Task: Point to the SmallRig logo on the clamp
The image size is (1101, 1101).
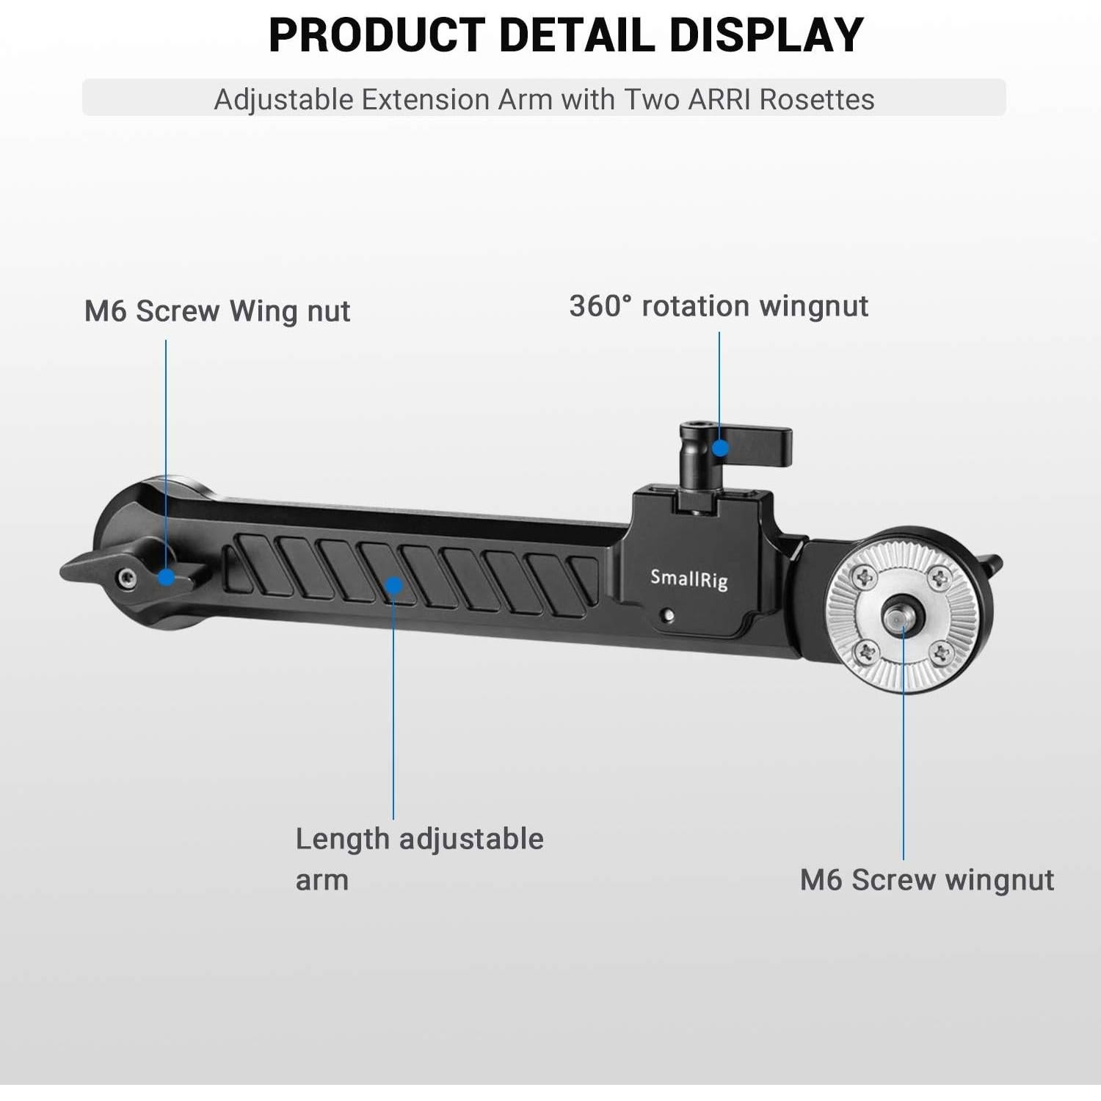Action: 688,579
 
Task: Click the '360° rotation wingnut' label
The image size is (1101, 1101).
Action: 719,306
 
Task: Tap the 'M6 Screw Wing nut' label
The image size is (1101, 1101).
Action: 217,311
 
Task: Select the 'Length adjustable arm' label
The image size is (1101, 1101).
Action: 418,858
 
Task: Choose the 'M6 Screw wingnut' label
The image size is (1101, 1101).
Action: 926,879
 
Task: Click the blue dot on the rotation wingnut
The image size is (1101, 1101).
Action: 721,448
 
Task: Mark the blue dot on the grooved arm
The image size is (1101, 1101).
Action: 394,585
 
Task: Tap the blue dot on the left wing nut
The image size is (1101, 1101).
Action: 167,577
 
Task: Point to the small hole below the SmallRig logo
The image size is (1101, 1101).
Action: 667,616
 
